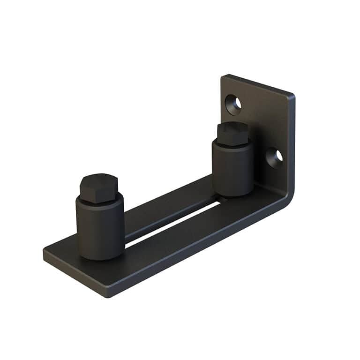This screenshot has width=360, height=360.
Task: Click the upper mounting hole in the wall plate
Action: pos(233,104)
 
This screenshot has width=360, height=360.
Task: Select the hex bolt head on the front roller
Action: pos(97,188)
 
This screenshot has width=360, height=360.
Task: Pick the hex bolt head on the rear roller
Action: pos(232,133)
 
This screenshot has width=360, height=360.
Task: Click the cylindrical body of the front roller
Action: pos(100,230)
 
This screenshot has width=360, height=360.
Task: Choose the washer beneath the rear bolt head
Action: pos(233,144)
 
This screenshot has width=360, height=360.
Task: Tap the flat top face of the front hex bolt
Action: pos(97,180)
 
